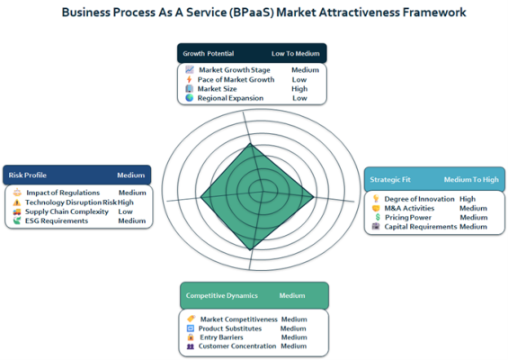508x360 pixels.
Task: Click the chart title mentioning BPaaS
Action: (x=263, y=13)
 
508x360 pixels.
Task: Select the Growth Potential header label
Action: (x=208, y=53)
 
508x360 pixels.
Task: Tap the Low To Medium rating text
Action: (x=296, y=53)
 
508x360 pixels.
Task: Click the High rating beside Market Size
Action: (x=299, y=88)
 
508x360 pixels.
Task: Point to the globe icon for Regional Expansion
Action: (x=190, y=97)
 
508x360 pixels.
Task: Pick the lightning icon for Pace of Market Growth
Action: (x=189, y=79)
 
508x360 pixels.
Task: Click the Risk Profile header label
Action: (x=28, y=175)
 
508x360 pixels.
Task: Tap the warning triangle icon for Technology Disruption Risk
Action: (x=16, y=202)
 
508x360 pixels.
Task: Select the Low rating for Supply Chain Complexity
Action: (x=125, y=211)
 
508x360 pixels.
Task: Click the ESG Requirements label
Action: (x=57, y=220)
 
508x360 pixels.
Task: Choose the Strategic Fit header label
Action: (x=390, y=179)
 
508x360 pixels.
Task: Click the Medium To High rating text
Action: (x=471, y=179)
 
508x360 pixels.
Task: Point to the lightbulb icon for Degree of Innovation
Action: (x=376, y=199)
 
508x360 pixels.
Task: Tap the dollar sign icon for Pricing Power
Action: (x=378, y=217)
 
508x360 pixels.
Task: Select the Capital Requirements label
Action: (x=420, y=227)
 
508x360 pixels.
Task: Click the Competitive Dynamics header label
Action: (x=221, y=295)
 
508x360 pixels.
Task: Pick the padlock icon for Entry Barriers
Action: (x=191, y=337)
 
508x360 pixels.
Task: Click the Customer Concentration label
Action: (x=237, y=346)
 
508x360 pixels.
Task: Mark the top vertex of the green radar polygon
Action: (x=251, y=143)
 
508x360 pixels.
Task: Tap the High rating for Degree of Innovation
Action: (x=468, y=199)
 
